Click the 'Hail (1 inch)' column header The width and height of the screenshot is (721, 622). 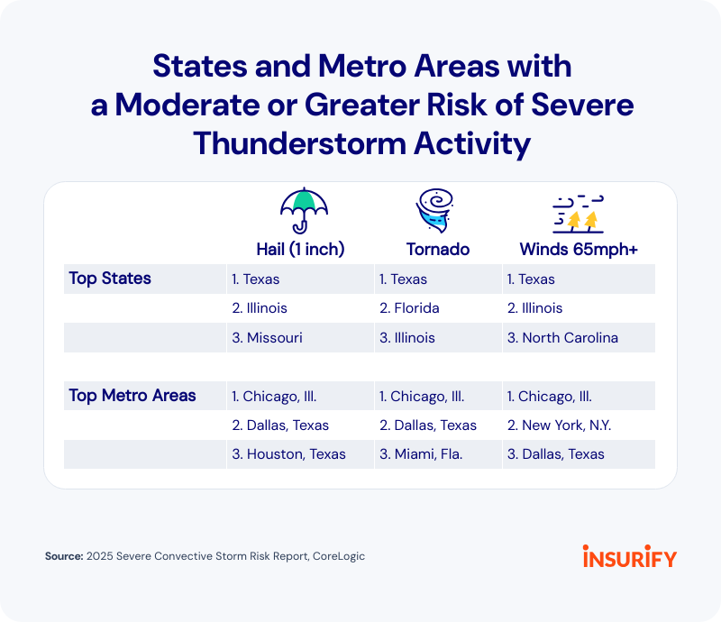coord(299,250)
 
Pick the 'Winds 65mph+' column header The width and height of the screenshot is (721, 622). coord(579,250)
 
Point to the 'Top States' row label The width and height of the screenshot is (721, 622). coord(110,279)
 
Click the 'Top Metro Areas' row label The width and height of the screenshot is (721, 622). coord(132,396)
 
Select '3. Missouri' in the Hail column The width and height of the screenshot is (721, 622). coord(267,338)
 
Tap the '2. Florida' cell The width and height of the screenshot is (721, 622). coord(409,308)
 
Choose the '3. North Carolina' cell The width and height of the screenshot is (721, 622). coord(562,338)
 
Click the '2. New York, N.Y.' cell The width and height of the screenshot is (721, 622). coord(561,425)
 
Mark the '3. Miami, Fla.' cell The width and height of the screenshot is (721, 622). coord(421,454)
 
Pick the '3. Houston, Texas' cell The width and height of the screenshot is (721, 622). coord(288,454)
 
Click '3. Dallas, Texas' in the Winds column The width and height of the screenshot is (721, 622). coord(556,454)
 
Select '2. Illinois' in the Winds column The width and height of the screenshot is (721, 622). coord(534,308)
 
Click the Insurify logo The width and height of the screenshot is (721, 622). coord(629,556)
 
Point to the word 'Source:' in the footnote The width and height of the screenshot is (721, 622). coord(64,557)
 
